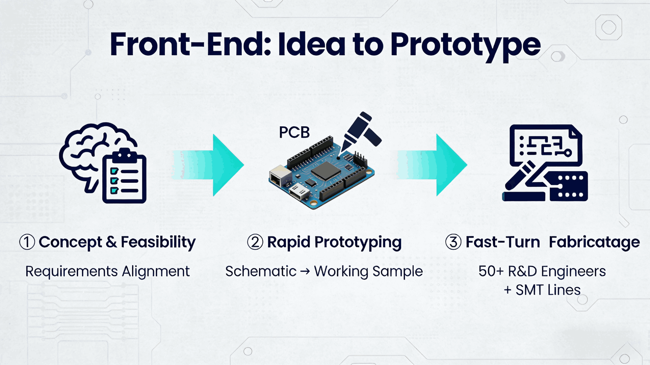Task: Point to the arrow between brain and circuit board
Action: (208, 165)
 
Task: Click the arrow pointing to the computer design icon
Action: (431, 165)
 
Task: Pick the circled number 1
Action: (27, 242)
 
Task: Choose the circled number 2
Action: (255, 242)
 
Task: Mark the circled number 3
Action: (453, 242)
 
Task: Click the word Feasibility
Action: (158, 243)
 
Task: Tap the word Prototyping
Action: (358, 243)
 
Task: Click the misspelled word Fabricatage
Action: (595, 243)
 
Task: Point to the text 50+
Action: (491, 271)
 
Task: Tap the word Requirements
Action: (72, 272)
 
